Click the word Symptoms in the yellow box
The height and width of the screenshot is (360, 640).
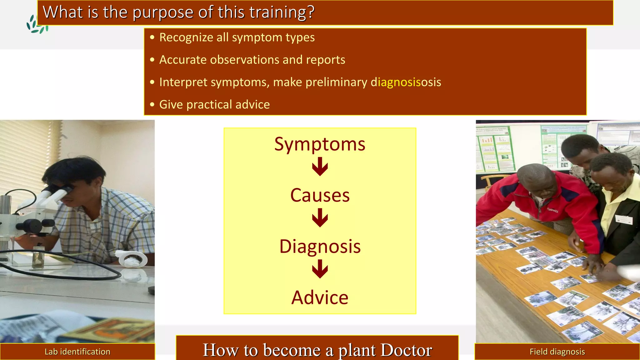tap(320, 144)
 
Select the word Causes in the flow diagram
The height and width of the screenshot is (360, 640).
tap(320, 195)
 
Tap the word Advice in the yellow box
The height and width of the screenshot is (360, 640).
tap(320, 297)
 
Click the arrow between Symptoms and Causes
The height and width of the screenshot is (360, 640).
tap(320, 167)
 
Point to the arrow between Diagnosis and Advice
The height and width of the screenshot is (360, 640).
tap(320, 269)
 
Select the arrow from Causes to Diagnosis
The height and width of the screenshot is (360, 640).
tap(320, 218)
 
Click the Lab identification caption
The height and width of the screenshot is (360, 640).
tap(77, 352)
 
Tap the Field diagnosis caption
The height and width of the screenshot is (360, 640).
tap(557, 352)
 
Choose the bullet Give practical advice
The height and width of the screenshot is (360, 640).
tap(214, 105)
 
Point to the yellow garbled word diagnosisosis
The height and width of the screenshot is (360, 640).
tap(406, 82)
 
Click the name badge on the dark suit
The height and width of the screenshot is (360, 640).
tap(624, 220)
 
